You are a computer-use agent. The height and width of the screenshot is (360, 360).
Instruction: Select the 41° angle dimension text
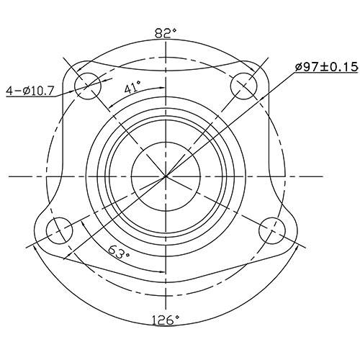[x=132, y=89]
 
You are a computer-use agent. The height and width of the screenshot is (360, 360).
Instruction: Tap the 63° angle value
[x=120, y=253]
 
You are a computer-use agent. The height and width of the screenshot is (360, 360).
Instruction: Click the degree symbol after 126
[x=178, y=317]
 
